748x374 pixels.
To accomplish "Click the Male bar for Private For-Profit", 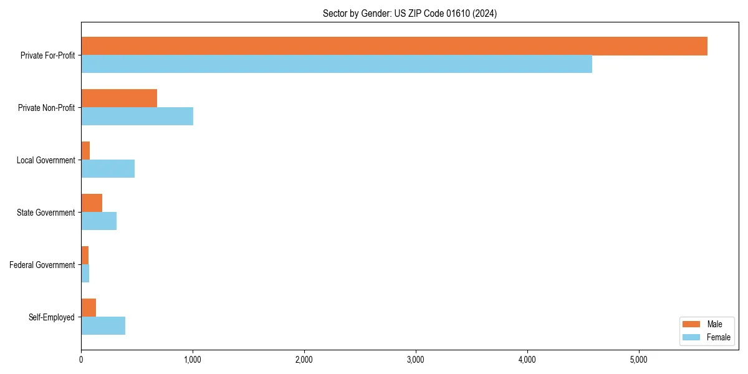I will point(394,46).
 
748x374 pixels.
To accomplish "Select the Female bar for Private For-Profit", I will point(337,64).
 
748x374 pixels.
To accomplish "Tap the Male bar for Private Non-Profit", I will point(119,98).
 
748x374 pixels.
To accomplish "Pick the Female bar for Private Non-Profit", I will point(137,117).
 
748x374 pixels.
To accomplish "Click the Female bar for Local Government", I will point(108,169).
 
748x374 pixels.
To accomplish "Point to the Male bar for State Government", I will point(92,203).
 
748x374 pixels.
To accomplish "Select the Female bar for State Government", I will point(98,221).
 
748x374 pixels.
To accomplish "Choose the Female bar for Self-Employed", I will point(103,326).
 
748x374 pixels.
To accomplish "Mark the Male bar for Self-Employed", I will point(89,308).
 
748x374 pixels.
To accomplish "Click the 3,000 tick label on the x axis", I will point(415,360).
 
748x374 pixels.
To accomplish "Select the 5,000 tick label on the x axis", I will point(638,360).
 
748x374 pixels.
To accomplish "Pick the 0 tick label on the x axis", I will point(81,360).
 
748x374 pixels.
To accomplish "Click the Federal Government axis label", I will point(42,265).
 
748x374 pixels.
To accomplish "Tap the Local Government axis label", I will point(46,160).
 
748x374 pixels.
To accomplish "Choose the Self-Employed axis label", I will point(52,317).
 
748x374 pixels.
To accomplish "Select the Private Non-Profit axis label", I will point(46,108).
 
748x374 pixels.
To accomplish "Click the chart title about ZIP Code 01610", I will point(410,14).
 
